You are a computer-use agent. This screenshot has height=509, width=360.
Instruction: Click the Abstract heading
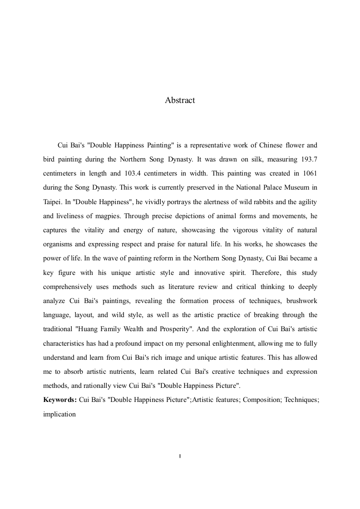pyautogui.click(x=180, y=100)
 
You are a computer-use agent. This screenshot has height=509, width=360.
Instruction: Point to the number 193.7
pyautogui.click(x=309, y=159)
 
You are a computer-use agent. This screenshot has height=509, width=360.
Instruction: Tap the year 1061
pyautogui.click(x=309, y=173)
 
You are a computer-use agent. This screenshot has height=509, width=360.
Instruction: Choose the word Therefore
pyautogui.click(x=247, y=273)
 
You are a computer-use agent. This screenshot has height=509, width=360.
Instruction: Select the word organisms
pyautogui.click(x=58, y=244)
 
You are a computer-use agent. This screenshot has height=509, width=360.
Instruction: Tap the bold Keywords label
pyautogui.click(x=59, y=400)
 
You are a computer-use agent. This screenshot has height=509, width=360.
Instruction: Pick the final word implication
pyautogui.click(x=59, y=414)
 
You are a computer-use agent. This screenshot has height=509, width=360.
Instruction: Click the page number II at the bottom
pyautogui.click(x=180, y=456)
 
